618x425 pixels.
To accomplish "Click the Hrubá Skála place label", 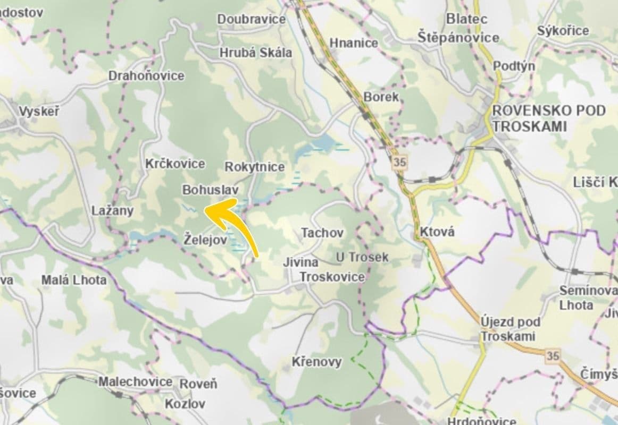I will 255,53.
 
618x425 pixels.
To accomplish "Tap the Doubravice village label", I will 251,19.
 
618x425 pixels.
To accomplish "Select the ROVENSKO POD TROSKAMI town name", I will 548,118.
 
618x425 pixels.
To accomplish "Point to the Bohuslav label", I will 210,190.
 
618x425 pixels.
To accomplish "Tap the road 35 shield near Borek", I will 399,163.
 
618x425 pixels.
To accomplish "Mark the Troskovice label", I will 332,277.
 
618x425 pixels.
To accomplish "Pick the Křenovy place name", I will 316,362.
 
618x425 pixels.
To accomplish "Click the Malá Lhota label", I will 74,280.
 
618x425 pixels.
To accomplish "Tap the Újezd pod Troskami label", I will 510,329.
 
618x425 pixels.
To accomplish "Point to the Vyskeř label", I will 39,112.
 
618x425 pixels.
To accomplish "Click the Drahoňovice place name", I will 146,75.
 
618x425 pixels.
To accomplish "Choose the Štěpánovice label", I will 458,38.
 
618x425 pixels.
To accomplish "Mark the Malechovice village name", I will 135,381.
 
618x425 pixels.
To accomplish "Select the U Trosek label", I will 362,258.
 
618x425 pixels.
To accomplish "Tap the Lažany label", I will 112,210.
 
